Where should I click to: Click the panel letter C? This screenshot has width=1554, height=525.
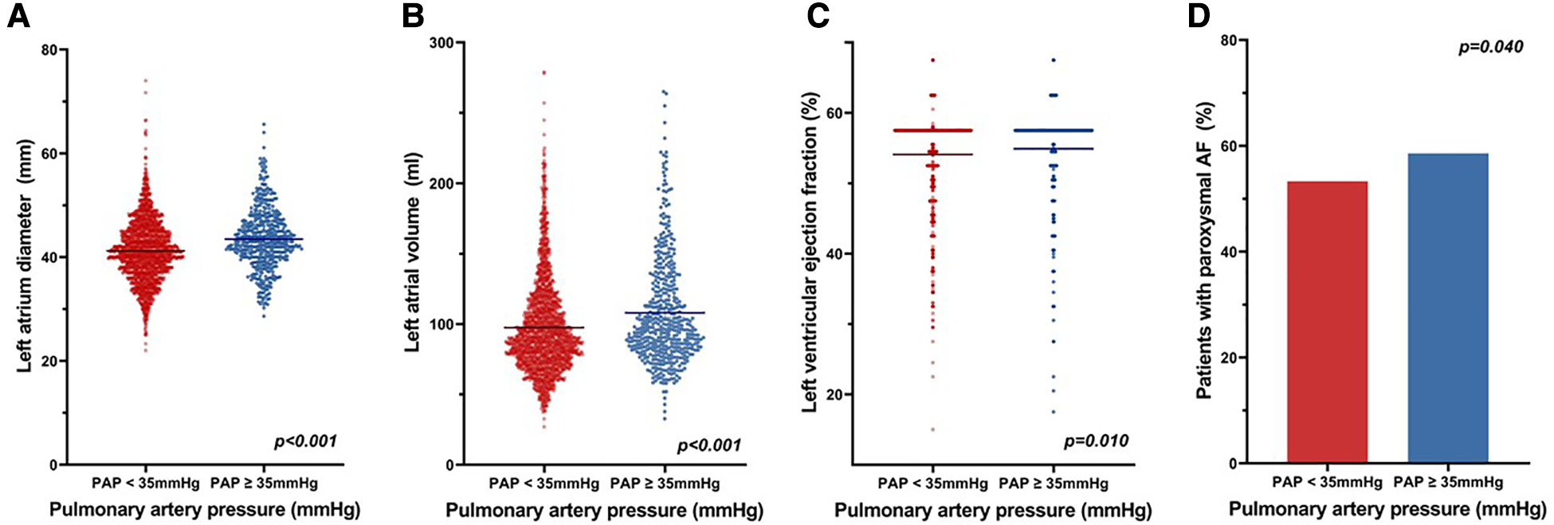coord(818,16)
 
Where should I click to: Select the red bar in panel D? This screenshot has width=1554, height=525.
coord(1327,322)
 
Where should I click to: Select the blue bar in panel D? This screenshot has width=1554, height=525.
coord(1448,308)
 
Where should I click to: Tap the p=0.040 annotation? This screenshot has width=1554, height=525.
coord(1490,48)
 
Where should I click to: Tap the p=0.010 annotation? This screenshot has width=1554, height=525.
coord(1096,441)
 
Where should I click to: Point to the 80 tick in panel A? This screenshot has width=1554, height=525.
coord(50,50)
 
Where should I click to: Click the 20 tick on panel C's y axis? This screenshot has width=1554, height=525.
coord(836,394)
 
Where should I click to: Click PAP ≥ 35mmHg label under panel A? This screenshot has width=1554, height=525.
coord(264,483)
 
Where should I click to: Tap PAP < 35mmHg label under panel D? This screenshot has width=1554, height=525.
coord(1327,482)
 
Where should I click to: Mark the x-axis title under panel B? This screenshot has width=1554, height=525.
coord(604,510)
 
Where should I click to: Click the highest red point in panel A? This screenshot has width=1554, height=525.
coord(146,80)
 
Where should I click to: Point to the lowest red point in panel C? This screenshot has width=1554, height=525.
coord(932,430)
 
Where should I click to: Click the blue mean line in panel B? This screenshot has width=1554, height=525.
coord(665,312)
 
